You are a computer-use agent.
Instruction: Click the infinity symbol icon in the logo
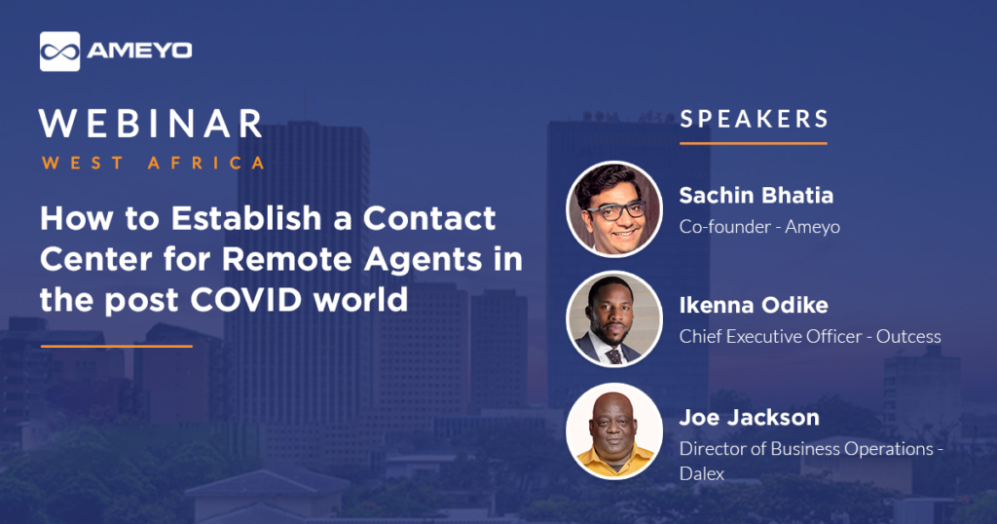click(x=59, y=52)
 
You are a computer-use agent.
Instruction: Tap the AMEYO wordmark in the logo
click(x=139, y=51)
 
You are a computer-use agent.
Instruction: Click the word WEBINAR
click(x=151, y=124)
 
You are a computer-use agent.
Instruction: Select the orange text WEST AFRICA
click(x=153, y=163)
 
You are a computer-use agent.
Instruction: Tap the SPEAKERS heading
click(x=755, y=119)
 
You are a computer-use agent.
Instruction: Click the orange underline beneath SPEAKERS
click(x=753, y=143)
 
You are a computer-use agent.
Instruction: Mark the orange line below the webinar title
click(x=117, y=346)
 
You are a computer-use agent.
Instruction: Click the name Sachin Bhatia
click(x=756, y=195)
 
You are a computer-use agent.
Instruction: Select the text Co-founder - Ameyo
click(x=759, y=226)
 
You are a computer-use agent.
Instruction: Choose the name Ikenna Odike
click(x=754, y=305)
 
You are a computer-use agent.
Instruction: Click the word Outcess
click(x=908, y=336)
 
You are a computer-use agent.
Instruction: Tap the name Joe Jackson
click(x=749, y=417)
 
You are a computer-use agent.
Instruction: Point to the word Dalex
click(x=702, y=473)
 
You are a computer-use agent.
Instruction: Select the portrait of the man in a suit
click(x=614, y=318)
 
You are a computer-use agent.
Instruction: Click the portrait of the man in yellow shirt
click(x=614, y=431)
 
